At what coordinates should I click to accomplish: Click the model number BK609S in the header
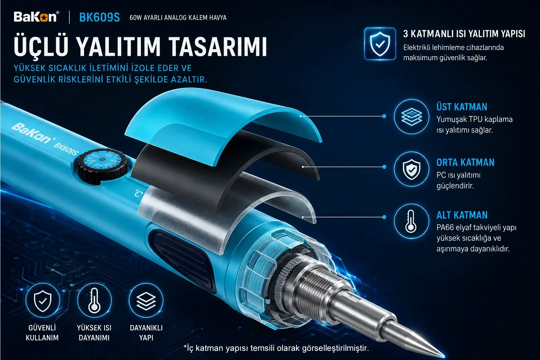click(x=99, y=17)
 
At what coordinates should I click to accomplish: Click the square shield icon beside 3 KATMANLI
click(x=380, y=44)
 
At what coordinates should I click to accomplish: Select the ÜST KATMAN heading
click(x=462, y=107)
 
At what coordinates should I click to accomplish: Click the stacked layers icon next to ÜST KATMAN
click(x=412, y=117)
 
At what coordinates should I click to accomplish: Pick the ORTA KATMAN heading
click(x=465, y=162)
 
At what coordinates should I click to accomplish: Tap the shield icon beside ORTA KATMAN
click(x=412, y=169)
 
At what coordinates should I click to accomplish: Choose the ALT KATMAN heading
click(x=462, y=215)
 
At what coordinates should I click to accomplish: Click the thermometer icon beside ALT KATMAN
click(x=412, y=221)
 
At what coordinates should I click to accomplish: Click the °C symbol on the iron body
click(x=138, y=193)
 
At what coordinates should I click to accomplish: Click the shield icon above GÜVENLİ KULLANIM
click(x=43, y=301)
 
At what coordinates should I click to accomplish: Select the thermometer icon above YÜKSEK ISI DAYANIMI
click(x=94, y=301)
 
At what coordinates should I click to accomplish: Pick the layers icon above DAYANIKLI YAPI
click(x=146, y=301)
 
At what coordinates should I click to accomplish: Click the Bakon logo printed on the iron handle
click(x=33, y=133)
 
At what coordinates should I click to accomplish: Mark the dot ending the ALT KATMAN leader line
click(x=384, y=217)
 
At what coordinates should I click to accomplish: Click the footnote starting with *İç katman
click(x=276, y=348)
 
